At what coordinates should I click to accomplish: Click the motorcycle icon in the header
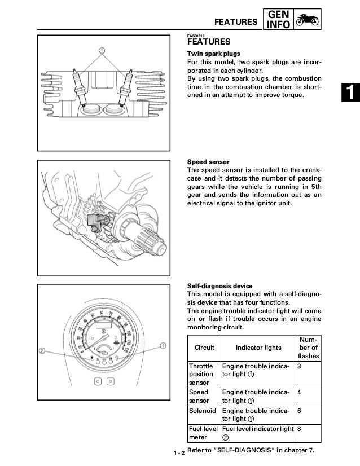point(308,20)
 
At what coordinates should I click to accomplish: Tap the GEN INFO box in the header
point(280,20)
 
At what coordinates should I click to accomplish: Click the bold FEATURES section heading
point(208,42)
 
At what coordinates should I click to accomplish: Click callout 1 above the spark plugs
point(103,50)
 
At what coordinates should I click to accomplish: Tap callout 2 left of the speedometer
point(42,351)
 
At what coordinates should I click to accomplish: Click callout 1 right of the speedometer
point(163,345)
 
